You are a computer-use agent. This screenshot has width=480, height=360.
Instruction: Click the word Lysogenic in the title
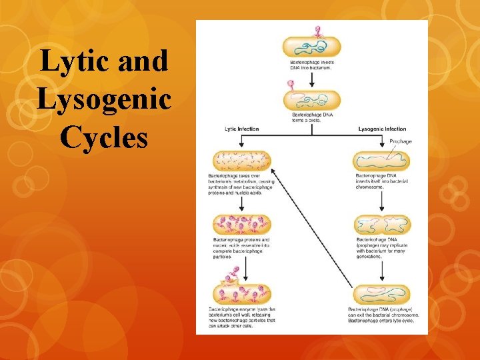105,99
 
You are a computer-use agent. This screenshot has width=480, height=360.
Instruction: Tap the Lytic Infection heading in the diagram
242,129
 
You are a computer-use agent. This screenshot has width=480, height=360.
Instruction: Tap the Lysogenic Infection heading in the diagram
382,129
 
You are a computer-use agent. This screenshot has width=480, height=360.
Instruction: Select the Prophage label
401,141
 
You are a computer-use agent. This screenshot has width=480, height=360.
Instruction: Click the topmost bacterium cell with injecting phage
311,46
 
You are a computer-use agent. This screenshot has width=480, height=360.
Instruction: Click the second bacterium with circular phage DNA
311,101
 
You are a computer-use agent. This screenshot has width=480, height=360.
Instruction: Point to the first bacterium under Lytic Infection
242,161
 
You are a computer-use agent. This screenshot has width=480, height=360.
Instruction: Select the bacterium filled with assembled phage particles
242,225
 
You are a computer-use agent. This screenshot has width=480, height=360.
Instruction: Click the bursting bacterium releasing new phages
242,293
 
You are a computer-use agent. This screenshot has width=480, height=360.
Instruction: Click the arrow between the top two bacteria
311,78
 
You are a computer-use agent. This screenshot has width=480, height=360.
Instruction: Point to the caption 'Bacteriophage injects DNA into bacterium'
312,65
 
